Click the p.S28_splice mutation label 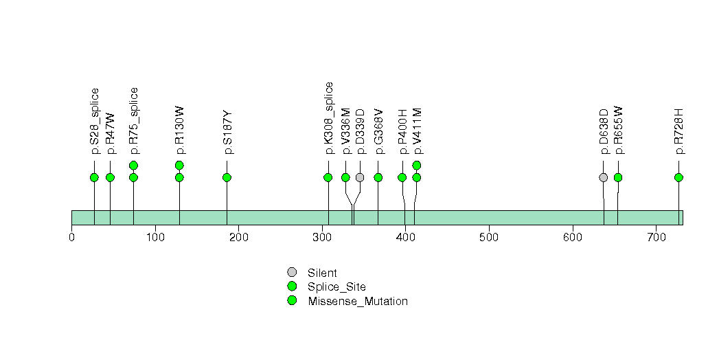point(95,121)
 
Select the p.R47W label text point(111,131)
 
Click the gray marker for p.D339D point(360,177)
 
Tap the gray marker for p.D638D point(603,177)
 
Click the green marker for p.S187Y point(227,177)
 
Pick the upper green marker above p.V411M point(416,165)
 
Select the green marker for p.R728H point(678,177)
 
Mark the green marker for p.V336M point(345,177)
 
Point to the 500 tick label point(489,238)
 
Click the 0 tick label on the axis point(71,238)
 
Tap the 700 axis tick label point(656,238)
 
